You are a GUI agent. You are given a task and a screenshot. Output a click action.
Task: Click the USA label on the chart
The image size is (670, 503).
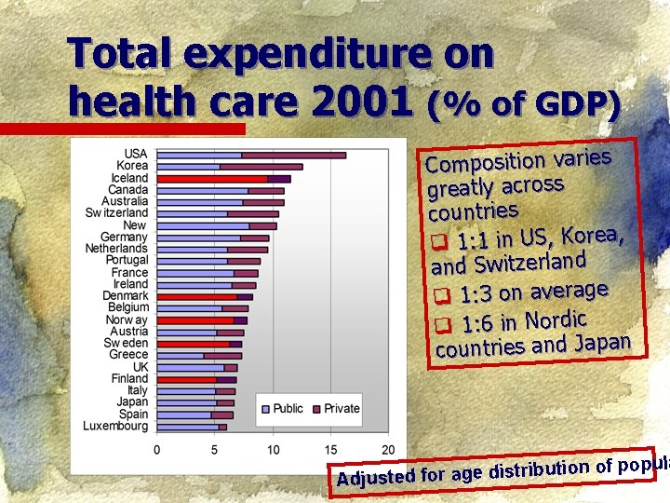click(135, 155)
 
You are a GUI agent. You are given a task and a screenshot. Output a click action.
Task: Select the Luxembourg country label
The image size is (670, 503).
click(115, 427)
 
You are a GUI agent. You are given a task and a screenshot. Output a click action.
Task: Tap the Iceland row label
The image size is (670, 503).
click(129, 178)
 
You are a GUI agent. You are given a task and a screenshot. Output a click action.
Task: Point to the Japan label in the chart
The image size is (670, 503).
click(132, 402)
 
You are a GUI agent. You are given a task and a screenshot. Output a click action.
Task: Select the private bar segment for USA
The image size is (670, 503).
click(293, 155)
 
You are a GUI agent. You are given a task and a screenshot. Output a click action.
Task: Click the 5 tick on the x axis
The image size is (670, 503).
click(215, 450)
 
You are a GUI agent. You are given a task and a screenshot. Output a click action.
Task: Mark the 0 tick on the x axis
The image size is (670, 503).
click(157, 450)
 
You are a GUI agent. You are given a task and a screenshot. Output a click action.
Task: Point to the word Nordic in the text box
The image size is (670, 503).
click(555, 319)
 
